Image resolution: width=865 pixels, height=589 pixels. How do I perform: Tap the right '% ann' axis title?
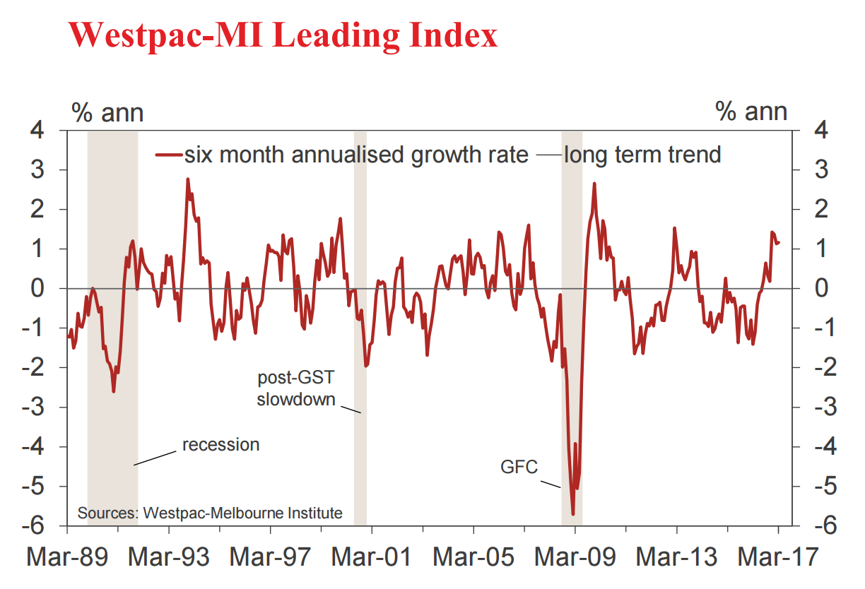751,112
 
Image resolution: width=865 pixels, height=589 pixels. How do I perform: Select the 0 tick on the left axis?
39,288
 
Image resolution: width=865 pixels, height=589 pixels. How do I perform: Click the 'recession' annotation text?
220,445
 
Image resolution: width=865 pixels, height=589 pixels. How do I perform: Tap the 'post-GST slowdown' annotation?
295,388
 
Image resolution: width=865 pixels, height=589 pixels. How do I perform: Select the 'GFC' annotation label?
519,468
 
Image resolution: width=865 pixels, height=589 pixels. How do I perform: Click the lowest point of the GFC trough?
573,514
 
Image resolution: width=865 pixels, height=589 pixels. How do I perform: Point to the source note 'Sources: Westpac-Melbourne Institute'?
209,513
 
